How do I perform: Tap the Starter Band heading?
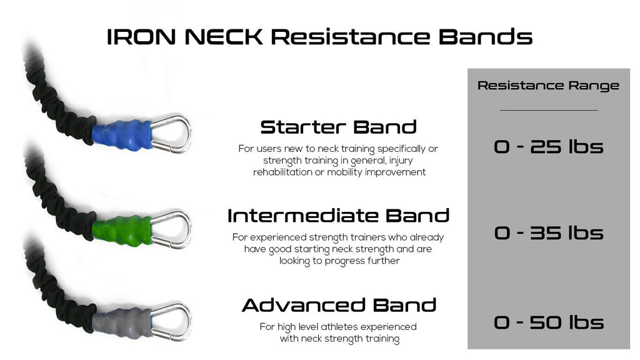coord(338,127)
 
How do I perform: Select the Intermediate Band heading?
coord(338,216)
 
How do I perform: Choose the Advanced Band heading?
coord(339,306)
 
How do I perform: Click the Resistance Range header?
coord(548,86)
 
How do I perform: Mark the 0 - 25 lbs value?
coord(548,147)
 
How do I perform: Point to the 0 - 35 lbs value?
coord(548,233)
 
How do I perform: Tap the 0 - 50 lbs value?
coord(548,322)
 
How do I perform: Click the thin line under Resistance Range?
coord(548,111)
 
